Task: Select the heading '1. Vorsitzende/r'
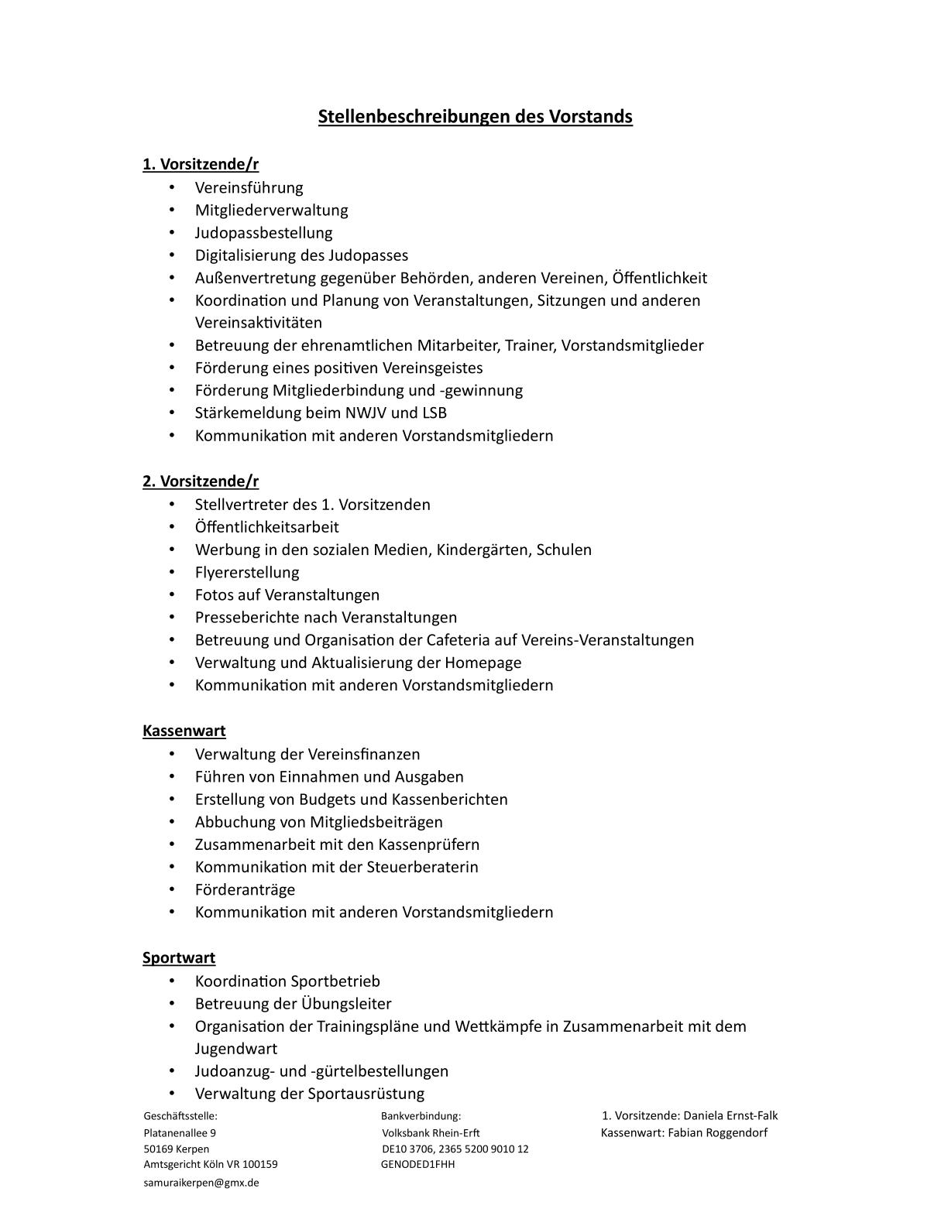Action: coord(201,164)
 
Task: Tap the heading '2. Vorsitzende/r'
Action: coord(201,481)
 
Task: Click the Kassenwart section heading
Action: coord(184,731)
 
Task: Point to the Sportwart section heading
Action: coord(179,958)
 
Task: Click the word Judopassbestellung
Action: coord(263,233)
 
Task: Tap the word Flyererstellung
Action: coord(247,573)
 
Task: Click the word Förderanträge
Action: coord(245,890)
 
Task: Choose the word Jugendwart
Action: coord(235,1049)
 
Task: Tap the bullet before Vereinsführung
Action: coord(172,188)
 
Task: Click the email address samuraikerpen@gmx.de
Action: coord(201,1183)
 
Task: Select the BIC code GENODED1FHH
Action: coord(417,1164)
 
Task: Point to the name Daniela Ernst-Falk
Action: coord(730,1116)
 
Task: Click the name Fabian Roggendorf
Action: coord(718,1133)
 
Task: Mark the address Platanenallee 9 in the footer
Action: coord(180,1133)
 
